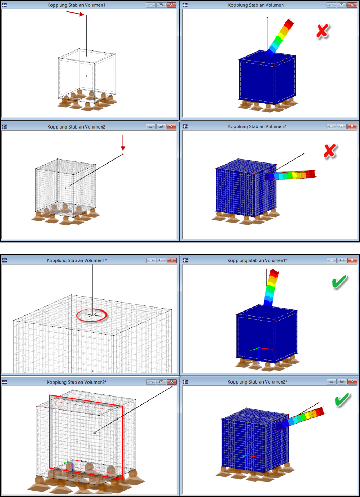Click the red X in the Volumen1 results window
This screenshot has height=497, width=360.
[323, 31]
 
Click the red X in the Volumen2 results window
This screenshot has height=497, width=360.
[330, 151]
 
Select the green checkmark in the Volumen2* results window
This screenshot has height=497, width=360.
[343, 400]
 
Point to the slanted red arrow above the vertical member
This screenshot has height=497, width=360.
[75, 13]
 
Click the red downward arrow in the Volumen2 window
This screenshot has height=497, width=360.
[123, 143]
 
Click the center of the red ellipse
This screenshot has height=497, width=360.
[92, 315]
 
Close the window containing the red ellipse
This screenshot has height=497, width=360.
[171, 260]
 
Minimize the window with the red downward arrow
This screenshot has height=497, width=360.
[150, 126]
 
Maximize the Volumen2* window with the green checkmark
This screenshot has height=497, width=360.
[342, 382]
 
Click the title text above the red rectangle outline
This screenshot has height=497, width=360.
[77, 382]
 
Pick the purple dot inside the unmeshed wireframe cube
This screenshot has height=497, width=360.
[87, 76]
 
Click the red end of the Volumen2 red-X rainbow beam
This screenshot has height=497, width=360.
[313, 174]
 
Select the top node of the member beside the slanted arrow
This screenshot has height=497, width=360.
[87, 16]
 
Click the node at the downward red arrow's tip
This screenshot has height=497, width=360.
[123, 154]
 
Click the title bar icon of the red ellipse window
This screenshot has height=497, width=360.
[4, 260]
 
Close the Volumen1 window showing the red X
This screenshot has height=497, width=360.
[352, 5]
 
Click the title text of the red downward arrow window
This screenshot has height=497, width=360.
[76, 127]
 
